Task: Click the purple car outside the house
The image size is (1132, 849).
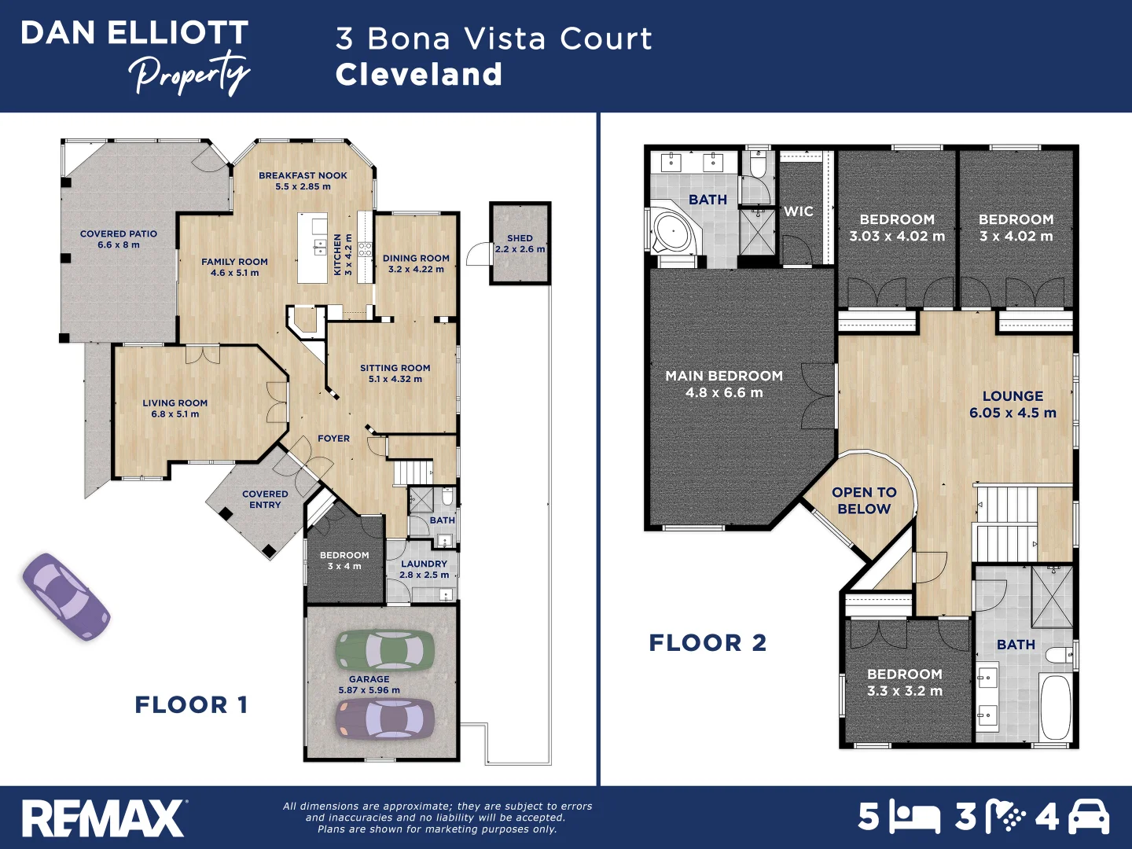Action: pos(65,597)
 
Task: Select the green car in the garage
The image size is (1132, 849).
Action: pos(385,650)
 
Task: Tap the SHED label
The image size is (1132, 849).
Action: pos(520,238)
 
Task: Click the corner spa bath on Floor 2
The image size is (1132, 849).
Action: pos(674,230)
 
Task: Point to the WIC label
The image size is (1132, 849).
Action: pos(798,211)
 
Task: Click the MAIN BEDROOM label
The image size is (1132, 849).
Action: pos(724,377)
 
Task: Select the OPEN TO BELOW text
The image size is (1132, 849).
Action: pos(864,501)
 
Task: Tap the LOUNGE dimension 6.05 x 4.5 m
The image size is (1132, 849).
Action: pos(1013,413)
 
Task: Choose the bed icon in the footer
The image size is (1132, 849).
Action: pos(914,818)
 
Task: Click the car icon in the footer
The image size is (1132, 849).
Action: pos(1088,818)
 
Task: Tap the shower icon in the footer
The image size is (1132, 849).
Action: pos(1004,818)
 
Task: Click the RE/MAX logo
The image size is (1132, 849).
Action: pos(103,818)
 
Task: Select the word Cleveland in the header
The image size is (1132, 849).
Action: pos(418,75)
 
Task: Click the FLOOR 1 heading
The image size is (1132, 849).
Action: pos(191,705)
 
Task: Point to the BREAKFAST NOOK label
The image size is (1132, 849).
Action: pos(303,176)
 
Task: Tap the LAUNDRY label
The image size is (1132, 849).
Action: pos(424,564)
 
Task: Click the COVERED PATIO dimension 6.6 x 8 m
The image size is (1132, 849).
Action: pos(119,245)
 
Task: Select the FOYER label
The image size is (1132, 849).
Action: pos(333,439)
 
